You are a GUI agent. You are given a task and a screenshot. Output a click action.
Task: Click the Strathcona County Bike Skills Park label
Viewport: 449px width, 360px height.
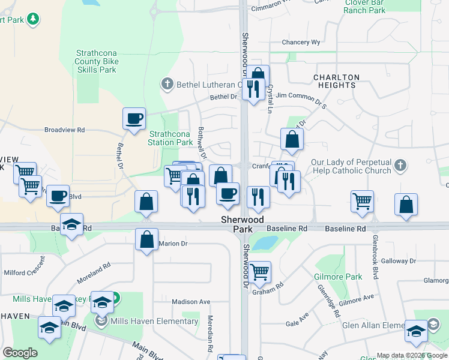[96, 62]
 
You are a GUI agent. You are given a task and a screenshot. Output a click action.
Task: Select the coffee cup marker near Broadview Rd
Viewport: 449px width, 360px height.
[134, 118]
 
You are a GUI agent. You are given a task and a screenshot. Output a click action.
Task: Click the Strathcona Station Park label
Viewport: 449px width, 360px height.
[170, 138]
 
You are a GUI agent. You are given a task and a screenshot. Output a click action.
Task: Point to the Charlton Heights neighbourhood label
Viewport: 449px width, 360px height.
[337, 82]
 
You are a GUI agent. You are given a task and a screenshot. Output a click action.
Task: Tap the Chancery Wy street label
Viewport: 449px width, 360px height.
[301, 43]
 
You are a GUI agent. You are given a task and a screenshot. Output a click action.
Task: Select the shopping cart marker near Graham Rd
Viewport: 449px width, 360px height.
[259, 272]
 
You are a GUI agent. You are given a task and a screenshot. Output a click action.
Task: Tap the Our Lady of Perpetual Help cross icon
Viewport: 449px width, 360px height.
[401, 164]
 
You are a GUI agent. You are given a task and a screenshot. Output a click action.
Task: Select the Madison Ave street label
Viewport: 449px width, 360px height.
[191, 302]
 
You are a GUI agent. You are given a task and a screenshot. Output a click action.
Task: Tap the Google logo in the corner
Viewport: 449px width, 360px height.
[20, 353]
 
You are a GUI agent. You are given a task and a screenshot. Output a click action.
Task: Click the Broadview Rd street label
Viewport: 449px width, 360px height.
[65, 130]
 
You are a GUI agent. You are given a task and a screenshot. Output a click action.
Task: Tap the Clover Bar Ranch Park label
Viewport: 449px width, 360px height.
[365, 7]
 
